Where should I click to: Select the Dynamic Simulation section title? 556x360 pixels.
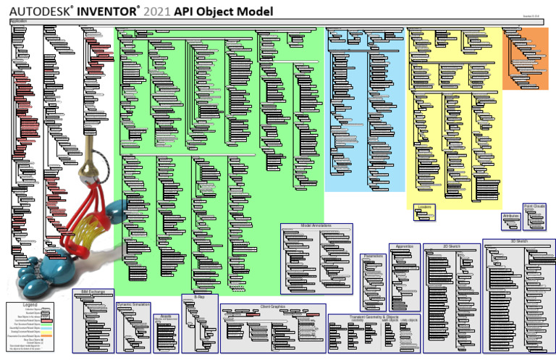[x=132, y=305]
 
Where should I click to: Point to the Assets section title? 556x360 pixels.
[x=165, y=317]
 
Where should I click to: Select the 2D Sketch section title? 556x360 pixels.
[x=451, y=246]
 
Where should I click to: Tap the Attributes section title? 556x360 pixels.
[x=511, y=215]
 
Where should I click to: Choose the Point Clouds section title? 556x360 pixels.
[x=534, y=206]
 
